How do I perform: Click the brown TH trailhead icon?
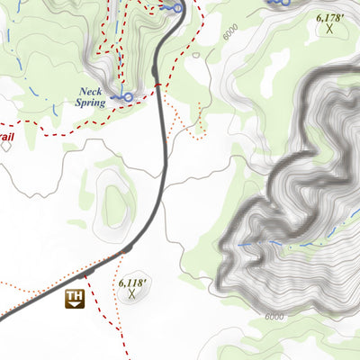click(x=75, y=299)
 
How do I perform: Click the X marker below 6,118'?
click(x=132, y=294)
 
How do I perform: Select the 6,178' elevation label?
click(x=330, y=17)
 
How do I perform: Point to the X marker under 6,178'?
click(x=330, y=29)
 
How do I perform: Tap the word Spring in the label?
click(x=91, y=103)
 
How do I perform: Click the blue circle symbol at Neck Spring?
click(x=128, y=96)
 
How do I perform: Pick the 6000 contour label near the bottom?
click(x=274, y=317)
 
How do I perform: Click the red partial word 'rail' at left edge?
click(x=7, y=137)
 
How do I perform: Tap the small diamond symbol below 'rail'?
click(x=5, y=146)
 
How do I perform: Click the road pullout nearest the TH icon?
click(x=89, y=273)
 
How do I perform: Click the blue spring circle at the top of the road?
click(x=178, y=8)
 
